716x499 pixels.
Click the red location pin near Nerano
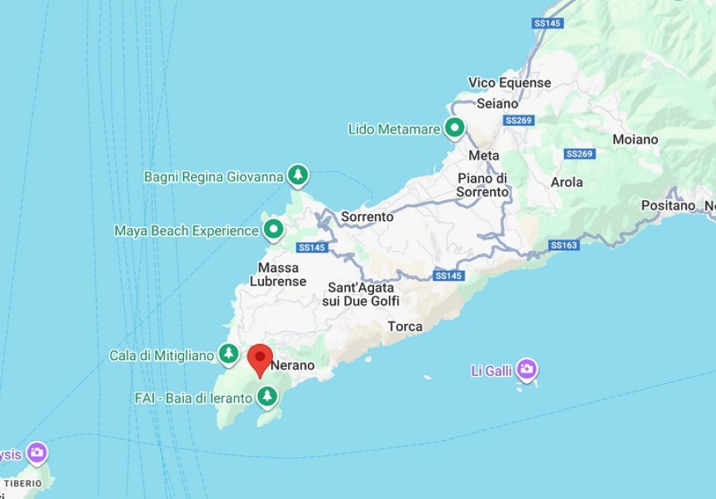[x=260, y=358]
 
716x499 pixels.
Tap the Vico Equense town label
[x=509, y=83]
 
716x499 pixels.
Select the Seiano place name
[x=497, y=103]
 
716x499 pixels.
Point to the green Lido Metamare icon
[x=454, y=127]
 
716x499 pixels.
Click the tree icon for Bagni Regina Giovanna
[x=298, y=175]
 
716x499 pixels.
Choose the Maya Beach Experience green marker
[x=274, y=230]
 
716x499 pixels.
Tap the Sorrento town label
[x=368, y=217]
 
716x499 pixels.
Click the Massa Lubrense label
[x=278, y=274]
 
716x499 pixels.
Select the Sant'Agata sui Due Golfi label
[x=360, y=294]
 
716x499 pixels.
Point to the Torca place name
[x=405, y=327]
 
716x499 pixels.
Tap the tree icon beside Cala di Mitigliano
[x=229, y=354]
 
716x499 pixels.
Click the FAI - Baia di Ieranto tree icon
[x=267, y=395]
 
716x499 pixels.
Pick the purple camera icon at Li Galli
[x=526, y=369]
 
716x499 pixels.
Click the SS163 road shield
[x=563, y=246]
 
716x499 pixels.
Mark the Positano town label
[x=668, y=206]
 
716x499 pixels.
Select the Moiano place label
[x=635, y=140]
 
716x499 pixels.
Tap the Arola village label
[x=566, y=182]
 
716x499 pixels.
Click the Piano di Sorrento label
[x=482, y=185]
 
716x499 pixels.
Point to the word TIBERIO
[x=22, y=483]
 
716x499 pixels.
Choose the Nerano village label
[x=293, y=366]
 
